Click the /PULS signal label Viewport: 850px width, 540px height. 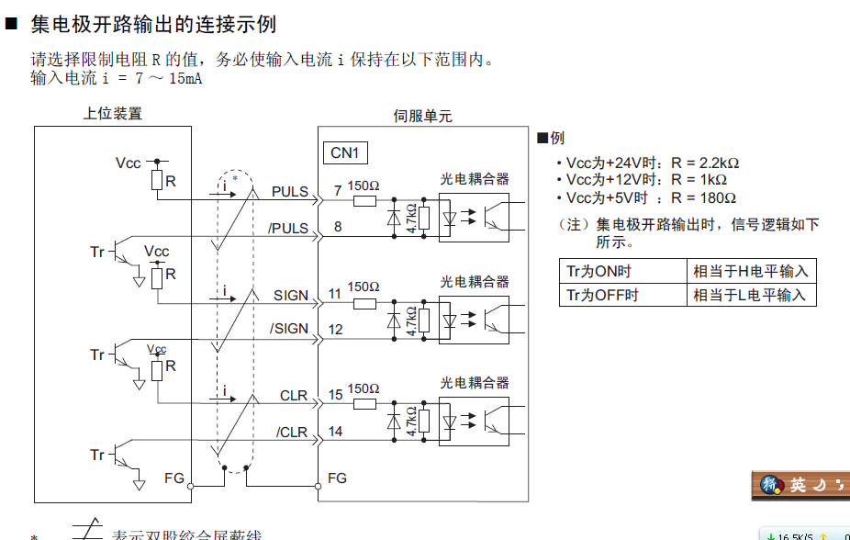288,228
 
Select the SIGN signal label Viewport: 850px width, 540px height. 291,296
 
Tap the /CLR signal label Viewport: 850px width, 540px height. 292,432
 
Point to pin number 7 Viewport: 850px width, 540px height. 338,191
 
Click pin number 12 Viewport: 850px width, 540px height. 336,329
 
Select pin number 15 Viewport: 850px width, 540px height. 336,396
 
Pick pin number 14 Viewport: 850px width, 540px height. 336,432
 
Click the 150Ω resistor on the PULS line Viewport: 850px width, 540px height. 364,199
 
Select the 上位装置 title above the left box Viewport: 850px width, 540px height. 113,114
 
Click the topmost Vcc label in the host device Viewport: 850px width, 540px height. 129,163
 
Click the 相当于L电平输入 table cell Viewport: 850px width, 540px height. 751,295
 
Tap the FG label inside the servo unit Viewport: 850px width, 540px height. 338,478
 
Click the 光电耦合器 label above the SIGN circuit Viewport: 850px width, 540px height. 475,281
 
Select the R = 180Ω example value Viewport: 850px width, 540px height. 704,197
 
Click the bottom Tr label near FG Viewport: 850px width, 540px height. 97,455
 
